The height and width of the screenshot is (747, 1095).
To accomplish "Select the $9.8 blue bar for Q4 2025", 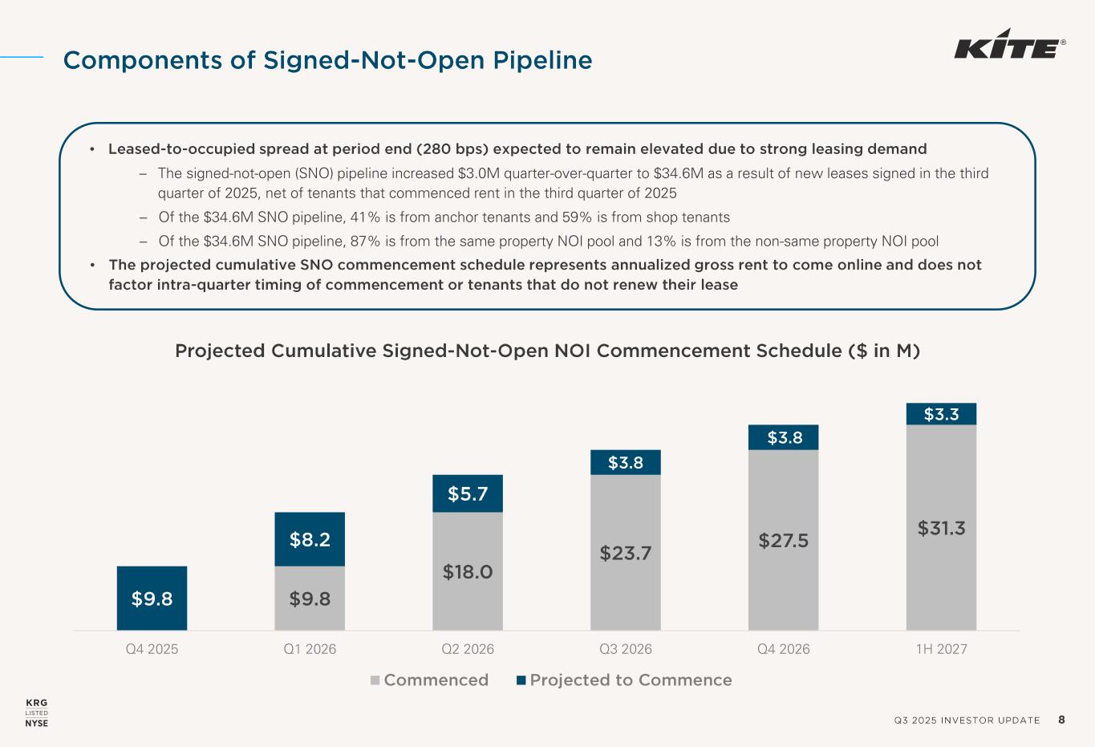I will (x=152, y=598).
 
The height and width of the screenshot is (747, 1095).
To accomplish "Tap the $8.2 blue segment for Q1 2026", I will (x=310, y=539).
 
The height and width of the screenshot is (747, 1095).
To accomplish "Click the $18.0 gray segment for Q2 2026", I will (x=468, y=571).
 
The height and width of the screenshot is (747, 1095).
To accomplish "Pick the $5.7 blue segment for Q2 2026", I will (x=468, y=493).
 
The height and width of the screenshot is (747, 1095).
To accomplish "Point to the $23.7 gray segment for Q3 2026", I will (x=626, y=552).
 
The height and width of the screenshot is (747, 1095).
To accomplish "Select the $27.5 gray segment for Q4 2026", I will (x=783, y=540).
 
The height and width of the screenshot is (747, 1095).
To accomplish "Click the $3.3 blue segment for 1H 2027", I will (x=941, y=414).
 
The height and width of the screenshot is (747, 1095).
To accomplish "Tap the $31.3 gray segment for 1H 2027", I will (x=941, y=527).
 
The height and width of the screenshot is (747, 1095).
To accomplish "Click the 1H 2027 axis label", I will (x=941, y=649).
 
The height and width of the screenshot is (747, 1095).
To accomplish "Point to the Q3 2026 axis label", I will (x=626, y=649).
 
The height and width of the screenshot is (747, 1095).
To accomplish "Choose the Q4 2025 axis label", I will (x=152, y=649).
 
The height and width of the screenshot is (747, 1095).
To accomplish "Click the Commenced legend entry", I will (x=430, y=680).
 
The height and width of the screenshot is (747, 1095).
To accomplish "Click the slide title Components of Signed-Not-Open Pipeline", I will (x=327, y=60).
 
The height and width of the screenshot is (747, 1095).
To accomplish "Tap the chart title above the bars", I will (x=547, y=351).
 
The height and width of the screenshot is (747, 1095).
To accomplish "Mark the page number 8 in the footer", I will (x=1061, y=720).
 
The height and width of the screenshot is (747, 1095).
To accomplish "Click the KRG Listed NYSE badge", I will (x=37, y=712).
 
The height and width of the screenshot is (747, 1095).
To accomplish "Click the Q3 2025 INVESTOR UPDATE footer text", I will (x=967, y=721).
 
